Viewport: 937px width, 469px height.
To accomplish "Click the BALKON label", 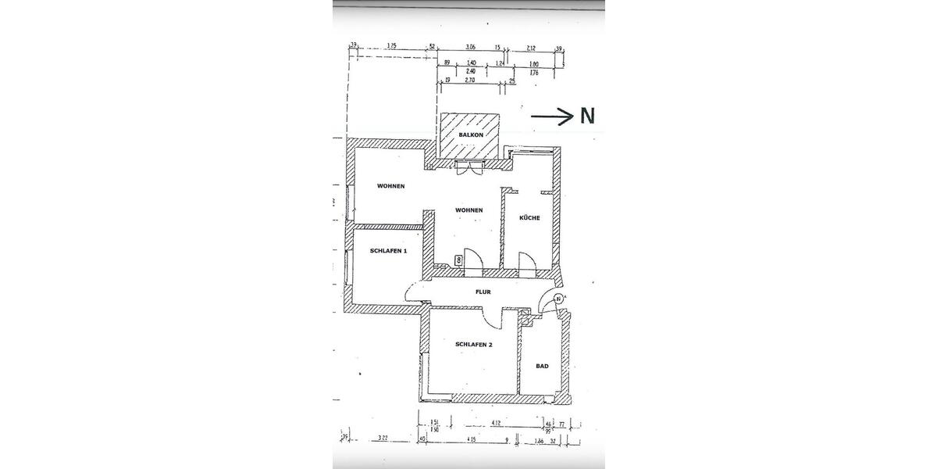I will tap(471, 135).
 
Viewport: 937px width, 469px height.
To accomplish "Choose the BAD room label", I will tap(542, 366).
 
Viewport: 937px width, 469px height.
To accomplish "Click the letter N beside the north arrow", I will tap(587, 116).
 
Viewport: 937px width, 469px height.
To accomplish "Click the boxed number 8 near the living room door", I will tap(458, 259).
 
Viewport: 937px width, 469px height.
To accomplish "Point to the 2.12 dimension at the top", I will tap(532, 48).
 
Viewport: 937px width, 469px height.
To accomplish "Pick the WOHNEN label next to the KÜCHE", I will tap(469, 210).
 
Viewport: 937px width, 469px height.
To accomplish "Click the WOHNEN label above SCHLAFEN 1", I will tap(390, 186).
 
